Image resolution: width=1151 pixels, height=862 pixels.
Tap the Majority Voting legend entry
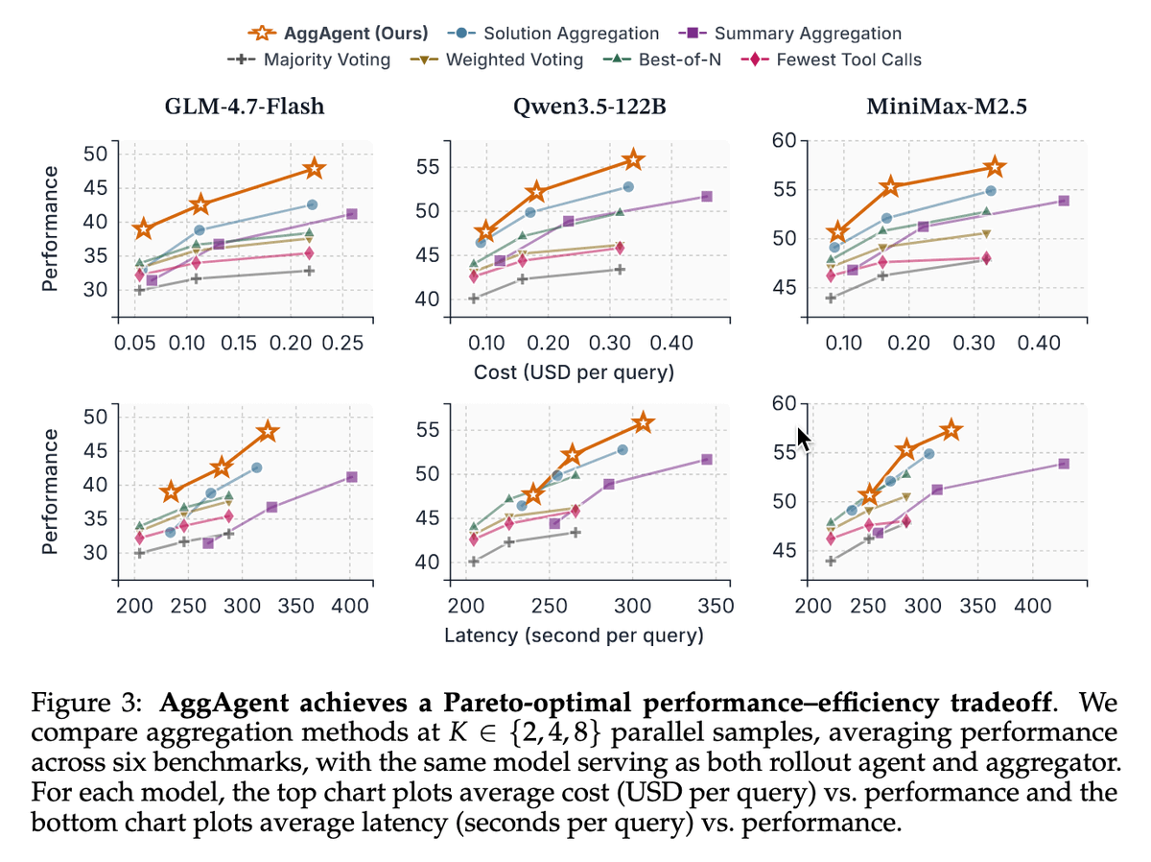[312, 60]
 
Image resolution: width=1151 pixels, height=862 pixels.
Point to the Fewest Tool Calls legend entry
[834, 60]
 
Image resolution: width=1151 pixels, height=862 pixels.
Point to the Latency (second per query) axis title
[574, 635]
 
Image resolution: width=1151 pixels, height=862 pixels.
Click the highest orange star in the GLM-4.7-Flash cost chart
[314, 169]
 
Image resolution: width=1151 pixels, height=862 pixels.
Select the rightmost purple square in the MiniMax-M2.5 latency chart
[1064, 464]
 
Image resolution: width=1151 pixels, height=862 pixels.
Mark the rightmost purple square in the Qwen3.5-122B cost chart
[707, 196]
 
